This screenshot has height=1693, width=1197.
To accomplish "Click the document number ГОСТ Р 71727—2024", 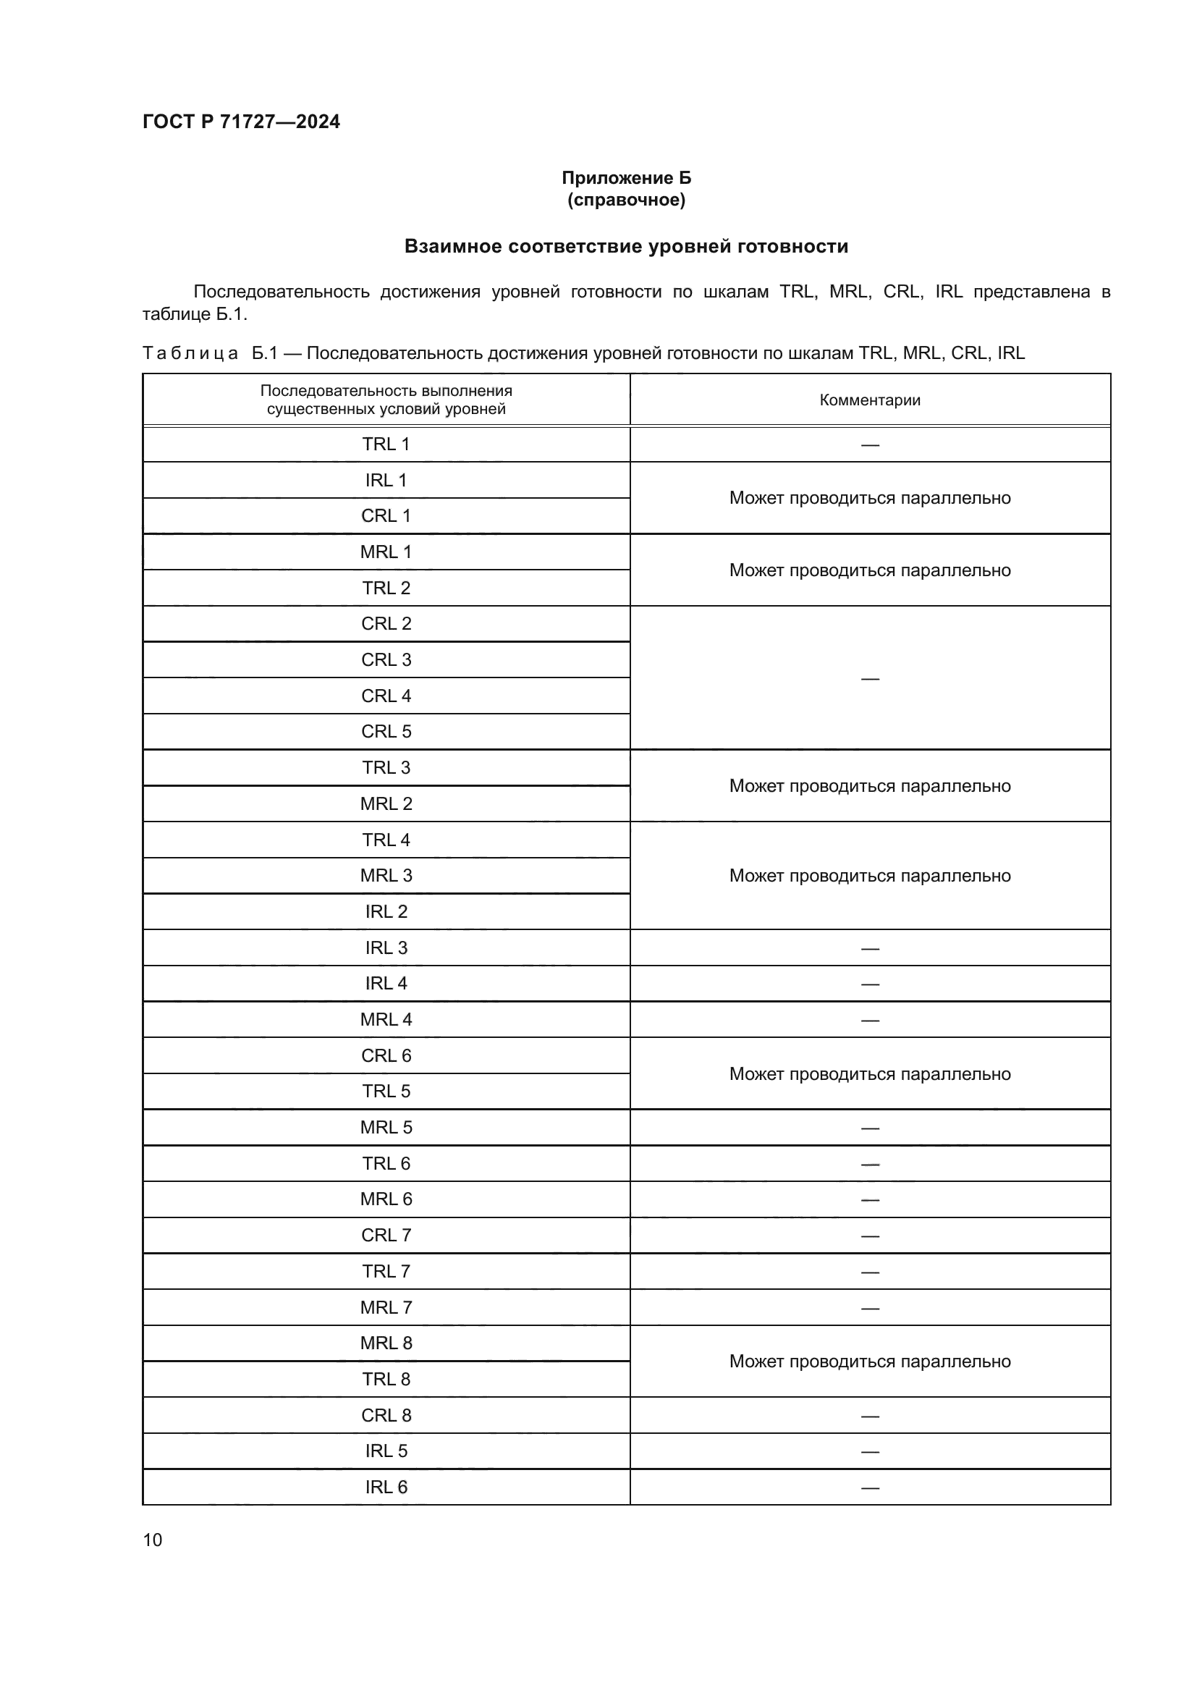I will click(x=241, y=122).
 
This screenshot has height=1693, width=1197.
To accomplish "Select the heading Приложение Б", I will click(x=626, y=178).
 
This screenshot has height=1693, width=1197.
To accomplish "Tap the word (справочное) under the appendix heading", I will click(x=626, y=200).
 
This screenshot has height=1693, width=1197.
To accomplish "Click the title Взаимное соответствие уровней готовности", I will click(x=626, y=246).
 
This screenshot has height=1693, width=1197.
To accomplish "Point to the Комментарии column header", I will click(x=870, y=400).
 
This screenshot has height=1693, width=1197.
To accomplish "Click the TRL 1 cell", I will click(x=386, y=444).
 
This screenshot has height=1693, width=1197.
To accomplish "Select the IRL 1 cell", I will click(x=386, y=480).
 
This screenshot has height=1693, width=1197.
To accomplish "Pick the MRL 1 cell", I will click(x=386, y=552).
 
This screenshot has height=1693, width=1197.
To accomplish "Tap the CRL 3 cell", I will click(x=386, y=659).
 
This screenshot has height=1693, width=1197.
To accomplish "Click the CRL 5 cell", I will click(x=386, y=732).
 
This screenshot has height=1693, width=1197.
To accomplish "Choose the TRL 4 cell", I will click(x=386, y=840).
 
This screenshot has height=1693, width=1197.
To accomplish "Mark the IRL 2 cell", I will click(x=386, y=911).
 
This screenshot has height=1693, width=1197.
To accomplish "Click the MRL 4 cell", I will click(x=386, y=1019).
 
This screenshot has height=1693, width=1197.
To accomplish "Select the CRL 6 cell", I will click(x=386, y=1055).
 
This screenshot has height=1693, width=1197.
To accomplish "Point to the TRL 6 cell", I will click(x=386, y=1163).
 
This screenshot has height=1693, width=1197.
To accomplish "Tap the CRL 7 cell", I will click(x=386, y=1235).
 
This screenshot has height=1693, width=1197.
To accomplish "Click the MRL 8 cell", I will click(x=386, y=1343).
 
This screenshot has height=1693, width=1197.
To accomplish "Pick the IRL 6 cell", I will click(x=386, y=1487).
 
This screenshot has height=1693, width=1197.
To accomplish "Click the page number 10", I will click(x=153, y=1540).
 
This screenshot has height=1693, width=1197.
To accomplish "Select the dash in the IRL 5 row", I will click(x=870, y=1451).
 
